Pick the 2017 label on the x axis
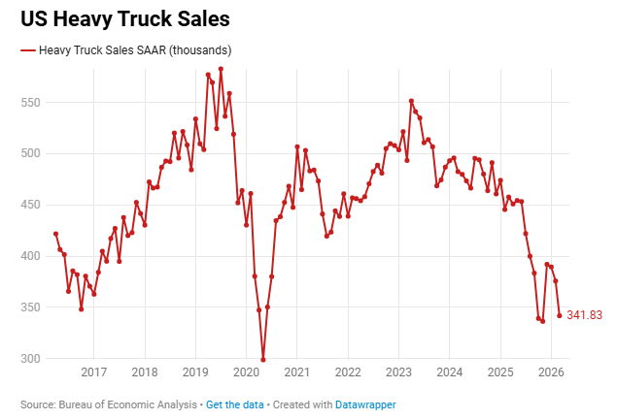(94, 373)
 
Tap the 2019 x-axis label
(195, 373)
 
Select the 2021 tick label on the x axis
(297, 373)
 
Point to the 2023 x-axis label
(398, 373)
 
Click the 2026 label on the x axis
(551, 373)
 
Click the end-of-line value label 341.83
(585, 315)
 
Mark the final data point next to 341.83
(559, 315)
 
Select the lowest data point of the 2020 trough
(263, 360)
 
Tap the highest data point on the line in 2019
(221, 69)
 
